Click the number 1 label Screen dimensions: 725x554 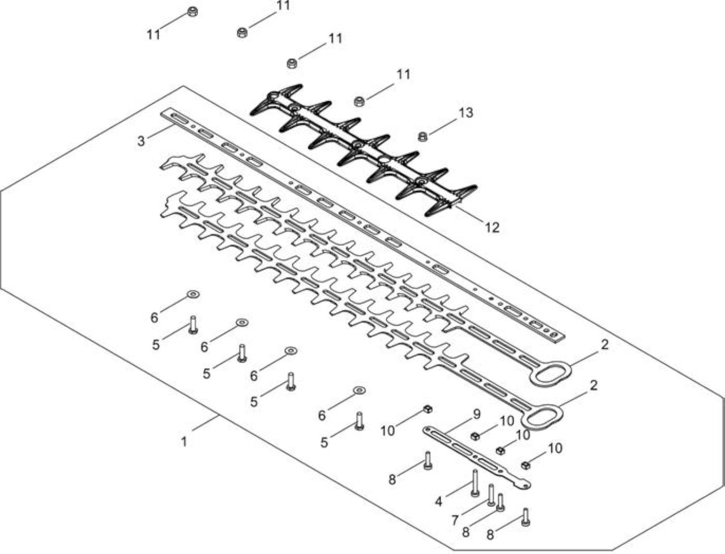point(184,442)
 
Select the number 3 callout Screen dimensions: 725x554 point(141,141)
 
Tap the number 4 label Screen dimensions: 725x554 point(438,502)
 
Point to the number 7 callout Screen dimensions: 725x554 point(455,521)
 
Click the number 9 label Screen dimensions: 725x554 point(476,414)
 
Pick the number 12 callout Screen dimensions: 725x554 point(492,227)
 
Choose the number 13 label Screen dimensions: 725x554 point(466,113)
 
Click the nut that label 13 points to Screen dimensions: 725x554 point(423,137)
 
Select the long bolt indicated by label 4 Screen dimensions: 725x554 point(475,483)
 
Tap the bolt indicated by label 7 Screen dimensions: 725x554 point(491,495)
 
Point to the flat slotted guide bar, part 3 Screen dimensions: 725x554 point(362,226)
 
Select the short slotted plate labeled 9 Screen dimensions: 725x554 point(476,458)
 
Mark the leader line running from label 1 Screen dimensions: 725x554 point(205,423)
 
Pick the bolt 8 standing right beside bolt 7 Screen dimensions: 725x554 point(501,503)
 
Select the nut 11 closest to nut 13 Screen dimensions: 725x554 point(359,101)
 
